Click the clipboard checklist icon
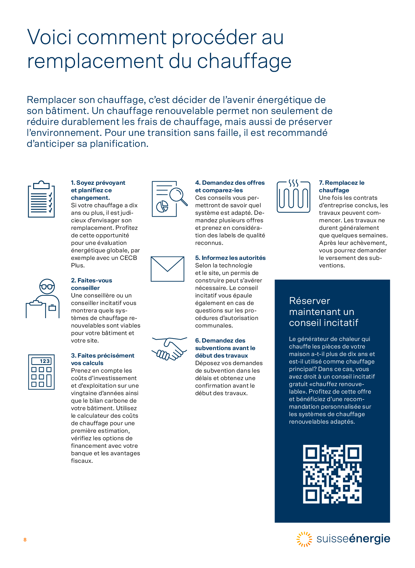tap(41, 199)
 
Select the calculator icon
tap(41, 372)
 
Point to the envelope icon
tap(167, 269)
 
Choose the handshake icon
tap(169, 348)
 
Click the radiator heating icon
tap(293, 196)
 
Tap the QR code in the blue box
tap(332, 474)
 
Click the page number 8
tap(25, 540)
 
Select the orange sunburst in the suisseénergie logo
tap(304, 539)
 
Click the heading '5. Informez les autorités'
tap(230, 258)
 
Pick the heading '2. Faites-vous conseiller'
tap(91, 284)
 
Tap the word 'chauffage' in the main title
tap(244, 61)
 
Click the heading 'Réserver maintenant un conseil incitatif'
tap(323, 312)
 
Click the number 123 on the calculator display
tap(45, 361)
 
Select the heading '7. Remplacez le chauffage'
tap(342, 186)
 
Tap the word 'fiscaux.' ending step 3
tap(82, 461)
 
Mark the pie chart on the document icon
tap(162, 207)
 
